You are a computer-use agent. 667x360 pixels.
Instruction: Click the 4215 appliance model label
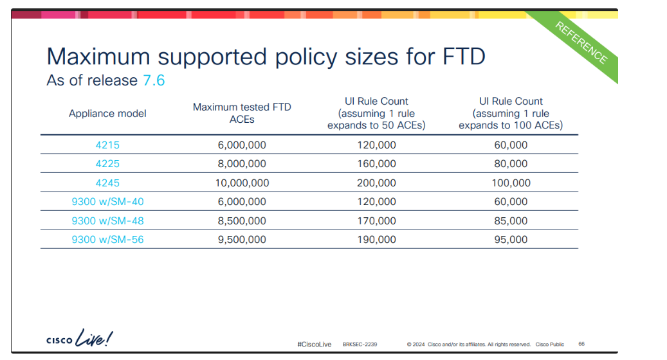tap(107, 145)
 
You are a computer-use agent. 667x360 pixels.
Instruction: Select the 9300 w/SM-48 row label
tap(107, 221)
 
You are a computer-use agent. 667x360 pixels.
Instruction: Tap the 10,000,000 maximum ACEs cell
tap(242, 183)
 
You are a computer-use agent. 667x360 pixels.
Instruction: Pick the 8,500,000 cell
tap(242, 221)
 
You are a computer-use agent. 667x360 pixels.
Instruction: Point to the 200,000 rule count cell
tap(376, 183)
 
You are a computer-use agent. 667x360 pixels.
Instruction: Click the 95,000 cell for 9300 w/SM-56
tap(511, 240)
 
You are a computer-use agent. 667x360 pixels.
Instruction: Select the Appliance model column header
tap(107, 114)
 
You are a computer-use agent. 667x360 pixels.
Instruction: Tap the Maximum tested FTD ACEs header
tap(242, 113)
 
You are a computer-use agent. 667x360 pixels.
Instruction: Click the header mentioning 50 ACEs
tap(376, 113)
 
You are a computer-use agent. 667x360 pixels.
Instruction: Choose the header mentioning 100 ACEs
tap(511, 113)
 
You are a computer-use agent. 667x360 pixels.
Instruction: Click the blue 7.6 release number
tap(154, 81)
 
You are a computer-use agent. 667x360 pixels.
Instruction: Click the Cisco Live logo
tap(80, 338)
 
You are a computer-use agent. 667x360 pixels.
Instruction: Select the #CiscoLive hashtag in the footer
tap(315, 345)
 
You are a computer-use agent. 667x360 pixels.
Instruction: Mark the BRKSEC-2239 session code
tap(360, 345)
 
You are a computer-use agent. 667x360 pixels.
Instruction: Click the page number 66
tap(582, 344)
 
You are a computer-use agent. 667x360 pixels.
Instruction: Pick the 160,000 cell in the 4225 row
tap(376, 164)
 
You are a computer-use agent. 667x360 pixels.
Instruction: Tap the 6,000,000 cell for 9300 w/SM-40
tap(242, 202)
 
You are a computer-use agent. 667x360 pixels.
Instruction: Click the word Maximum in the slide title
tap(98, 57)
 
